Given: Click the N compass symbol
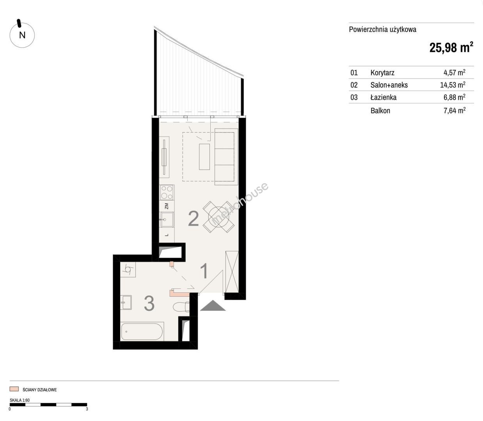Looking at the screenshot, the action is [22, 35].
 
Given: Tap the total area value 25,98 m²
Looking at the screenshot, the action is [451, 48].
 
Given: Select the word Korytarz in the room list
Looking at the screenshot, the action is [382, 73].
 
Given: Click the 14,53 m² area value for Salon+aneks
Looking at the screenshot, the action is [453, 85].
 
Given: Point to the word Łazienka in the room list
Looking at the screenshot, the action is [384, 97].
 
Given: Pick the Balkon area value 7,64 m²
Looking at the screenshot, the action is [455, 110].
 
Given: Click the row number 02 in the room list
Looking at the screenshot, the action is [354, 85].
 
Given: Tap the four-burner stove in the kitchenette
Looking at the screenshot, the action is [167, 193].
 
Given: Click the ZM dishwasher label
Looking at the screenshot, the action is [167, 206].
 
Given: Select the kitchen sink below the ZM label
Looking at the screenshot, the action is [167, 219].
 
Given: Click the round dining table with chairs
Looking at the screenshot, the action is [219, 217].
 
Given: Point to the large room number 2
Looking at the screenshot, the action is [194, 219].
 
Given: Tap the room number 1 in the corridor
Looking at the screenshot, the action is [204, 271].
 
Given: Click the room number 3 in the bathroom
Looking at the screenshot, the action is [149, 304].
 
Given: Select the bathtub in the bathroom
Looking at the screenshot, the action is [142, 331].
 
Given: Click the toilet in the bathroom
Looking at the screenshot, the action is [181, 307].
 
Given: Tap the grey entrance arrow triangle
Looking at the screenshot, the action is [213, 305].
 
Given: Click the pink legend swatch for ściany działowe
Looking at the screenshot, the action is [14, 389].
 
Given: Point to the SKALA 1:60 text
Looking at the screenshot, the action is [20, 400].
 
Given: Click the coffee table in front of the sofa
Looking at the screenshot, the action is [204, 157].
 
